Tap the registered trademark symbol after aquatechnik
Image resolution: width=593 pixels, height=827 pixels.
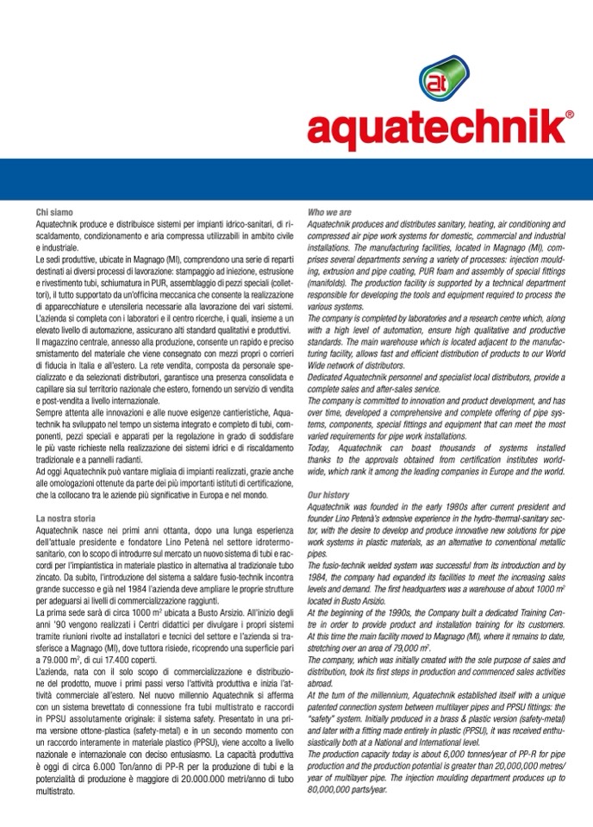[569, 114]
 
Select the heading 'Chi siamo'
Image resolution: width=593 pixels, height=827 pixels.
[53, 212]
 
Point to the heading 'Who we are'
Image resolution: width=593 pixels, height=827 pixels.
[330, 212]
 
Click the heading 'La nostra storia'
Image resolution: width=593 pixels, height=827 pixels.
[66, 518]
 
